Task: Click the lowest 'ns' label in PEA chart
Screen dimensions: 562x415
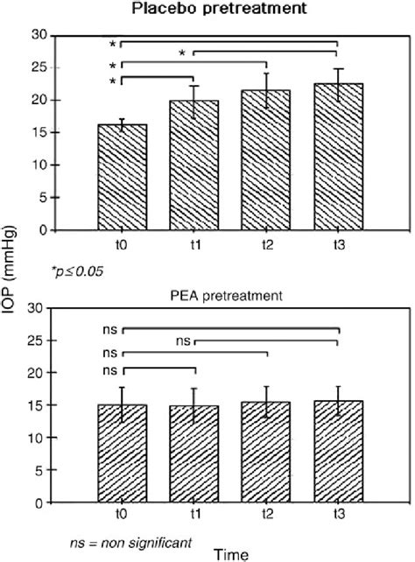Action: pos(109,371)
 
